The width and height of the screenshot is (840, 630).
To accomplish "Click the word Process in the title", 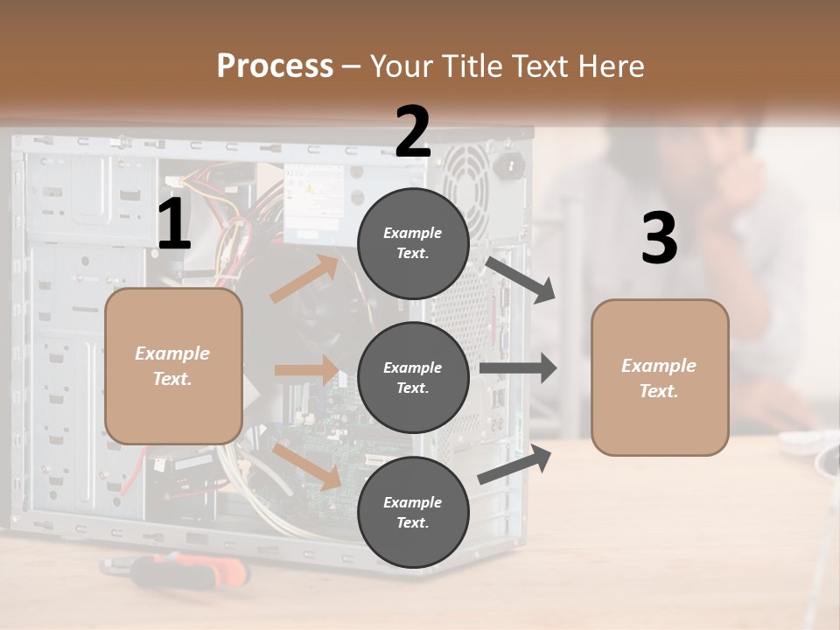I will pos(275,66).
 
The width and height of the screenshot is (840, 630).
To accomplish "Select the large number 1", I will pos(174,225).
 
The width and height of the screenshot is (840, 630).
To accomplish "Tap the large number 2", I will pos(413,132).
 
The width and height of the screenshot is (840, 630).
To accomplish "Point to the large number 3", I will pos(659,239).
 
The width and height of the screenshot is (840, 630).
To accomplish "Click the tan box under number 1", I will pos(173,366).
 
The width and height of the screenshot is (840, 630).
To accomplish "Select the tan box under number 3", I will pos(660,377).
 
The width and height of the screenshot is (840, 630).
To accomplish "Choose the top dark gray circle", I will pos(413,243).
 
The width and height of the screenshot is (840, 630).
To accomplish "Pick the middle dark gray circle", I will pos(413,377).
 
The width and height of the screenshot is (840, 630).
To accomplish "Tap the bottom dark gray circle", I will pos(413,512).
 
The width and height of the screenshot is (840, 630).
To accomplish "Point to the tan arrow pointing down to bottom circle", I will pos(306,466).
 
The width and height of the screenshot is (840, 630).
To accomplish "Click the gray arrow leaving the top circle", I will pos(521,279).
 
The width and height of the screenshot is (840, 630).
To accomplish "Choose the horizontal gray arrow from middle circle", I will pos(518,367).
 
